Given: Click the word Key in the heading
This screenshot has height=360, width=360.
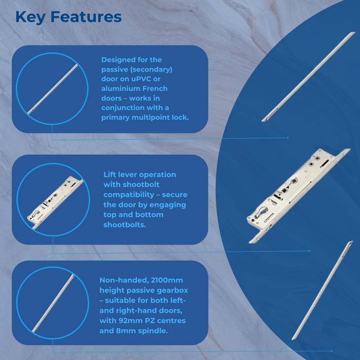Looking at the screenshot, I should click(x=31, y=17).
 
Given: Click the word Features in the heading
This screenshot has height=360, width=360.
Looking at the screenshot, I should click(x=86, y=17).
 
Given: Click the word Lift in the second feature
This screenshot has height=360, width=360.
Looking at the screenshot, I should click(x=111, y=175).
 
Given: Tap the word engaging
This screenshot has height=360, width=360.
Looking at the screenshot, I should click(x=166, y=205).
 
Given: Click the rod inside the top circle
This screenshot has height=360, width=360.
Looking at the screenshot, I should click(x=52, y=88).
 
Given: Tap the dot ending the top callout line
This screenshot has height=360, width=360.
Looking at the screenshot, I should click(x=288, y=138).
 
